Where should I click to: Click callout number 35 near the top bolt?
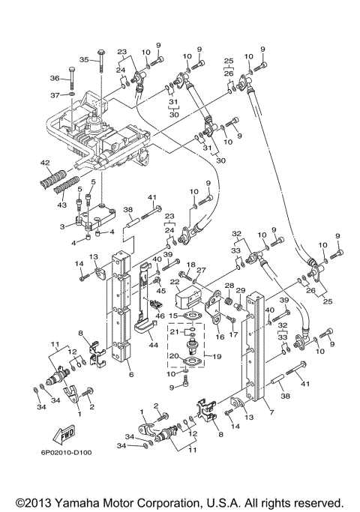click(x=84, y=59)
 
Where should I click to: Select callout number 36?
click(x=54, y=79)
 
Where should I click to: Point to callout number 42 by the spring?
click(x=45, y=163)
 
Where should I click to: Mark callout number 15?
click(x=172, y=315)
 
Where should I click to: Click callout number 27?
click(x=201, y=270)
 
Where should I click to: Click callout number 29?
click(x=241, y=291)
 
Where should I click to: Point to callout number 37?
click(x=54, y=95)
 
